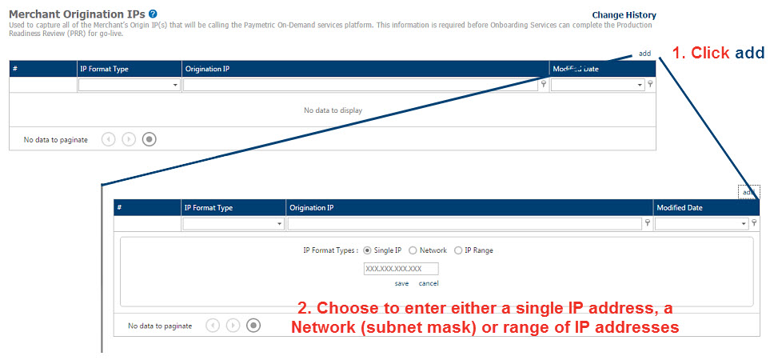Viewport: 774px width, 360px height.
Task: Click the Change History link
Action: tap(624, 15)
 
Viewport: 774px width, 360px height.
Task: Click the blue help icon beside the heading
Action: tap(153, 14)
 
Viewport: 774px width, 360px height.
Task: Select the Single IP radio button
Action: tap(367, 250)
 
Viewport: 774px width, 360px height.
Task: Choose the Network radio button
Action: tap(413, 250)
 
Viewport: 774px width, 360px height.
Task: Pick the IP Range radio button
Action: tap(458, 250)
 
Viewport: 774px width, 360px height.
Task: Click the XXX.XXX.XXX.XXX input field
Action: tap(401, 269)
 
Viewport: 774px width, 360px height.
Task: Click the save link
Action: tap(401, 283)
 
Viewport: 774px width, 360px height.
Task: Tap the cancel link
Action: tap(429, 283)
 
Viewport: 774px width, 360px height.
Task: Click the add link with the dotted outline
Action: tap(749, 192)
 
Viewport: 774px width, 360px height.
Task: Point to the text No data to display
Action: tap(333, 110)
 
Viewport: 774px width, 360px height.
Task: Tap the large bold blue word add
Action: tap(750, 53)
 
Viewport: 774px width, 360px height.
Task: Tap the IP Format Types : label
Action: tap(331, 250)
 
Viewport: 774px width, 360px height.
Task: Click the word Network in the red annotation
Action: tap(323, 327)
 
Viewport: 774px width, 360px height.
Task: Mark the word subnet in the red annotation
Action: tap(386, 327)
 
